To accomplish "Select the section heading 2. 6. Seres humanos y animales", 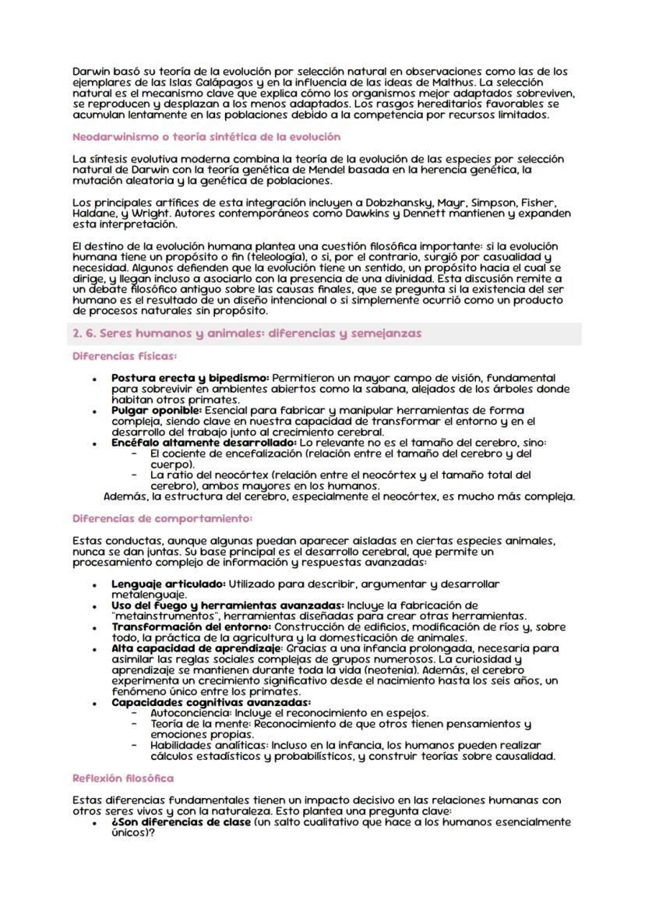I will tap(247, 333).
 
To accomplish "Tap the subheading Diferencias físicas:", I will tap(124, 356).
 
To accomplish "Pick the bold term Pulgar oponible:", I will tap(157, 410).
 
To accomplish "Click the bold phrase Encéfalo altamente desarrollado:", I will tap(199, 442).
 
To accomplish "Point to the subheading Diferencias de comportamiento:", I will tap(162, 518).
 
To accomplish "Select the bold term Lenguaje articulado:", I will tap(168, 584).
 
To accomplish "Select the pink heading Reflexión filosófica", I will tap(123, 778).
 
